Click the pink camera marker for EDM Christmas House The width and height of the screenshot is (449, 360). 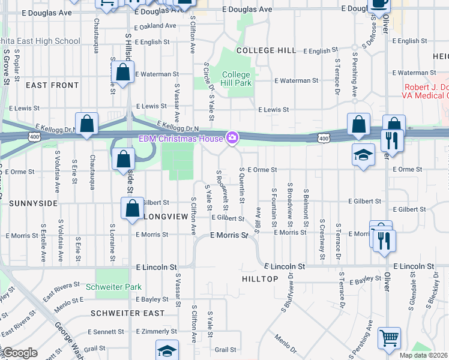tap(232, 139)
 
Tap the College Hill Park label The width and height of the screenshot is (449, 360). tap(236, 79)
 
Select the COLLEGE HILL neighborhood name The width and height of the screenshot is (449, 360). tap(266, 50)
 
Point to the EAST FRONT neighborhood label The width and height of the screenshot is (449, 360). tap(52, 85)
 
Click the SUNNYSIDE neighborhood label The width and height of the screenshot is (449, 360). tap(33, 203)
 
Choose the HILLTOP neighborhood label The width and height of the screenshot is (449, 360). tap(260, 279)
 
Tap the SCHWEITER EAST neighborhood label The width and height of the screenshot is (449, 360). tap(128, 313)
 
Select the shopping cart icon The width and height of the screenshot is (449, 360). tap(389, 339)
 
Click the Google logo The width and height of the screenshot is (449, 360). tap(20, 353)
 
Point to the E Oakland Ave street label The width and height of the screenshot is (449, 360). tap(155, 26)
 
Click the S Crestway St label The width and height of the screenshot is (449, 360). tap(322, 236)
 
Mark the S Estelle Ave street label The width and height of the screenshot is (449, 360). tap(44, 243)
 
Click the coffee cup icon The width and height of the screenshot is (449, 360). tap(378, 5)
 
